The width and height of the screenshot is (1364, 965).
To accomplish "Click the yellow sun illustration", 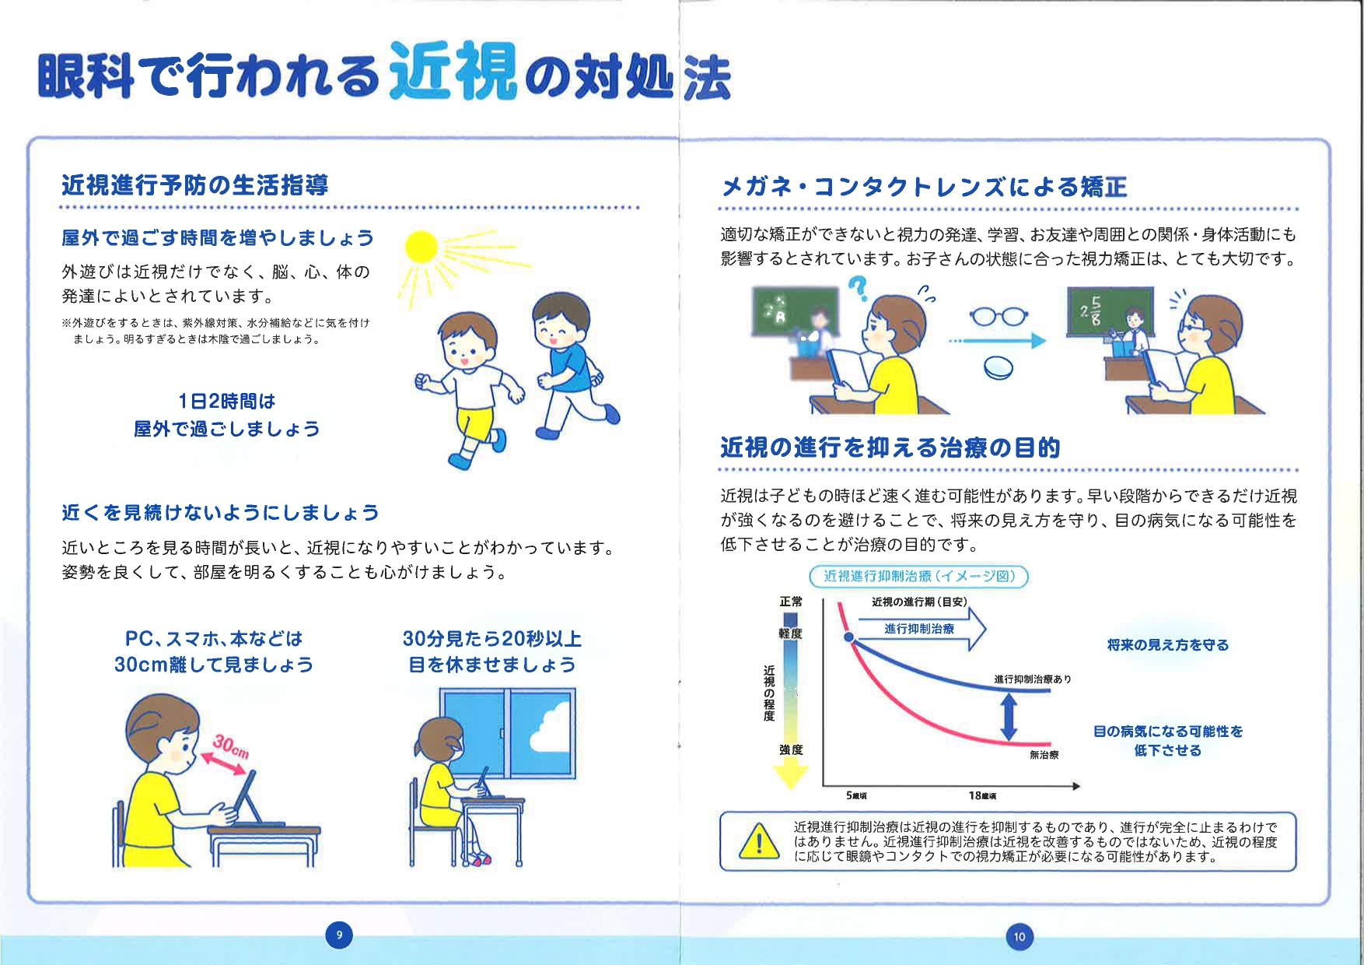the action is click(x=422, y=247).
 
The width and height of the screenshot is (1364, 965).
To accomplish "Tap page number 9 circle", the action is click(x=338, y=935).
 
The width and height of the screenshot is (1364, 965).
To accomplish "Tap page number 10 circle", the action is click(x=1020, y=936).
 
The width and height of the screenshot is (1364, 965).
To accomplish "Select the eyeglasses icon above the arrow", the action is click(x=999, y=316).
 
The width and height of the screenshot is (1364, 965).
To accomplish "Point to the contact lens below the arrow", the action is click(x=999, y=368).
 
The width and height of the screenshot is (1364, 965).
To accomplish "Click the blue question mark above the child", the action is click(x=858, y=288).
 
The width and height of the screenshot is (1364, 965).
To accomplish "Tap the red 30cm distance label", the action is click(x=231, y=746).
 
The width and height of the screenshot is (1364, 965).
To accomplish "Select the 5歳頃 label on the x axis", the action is click(x=856, y=795).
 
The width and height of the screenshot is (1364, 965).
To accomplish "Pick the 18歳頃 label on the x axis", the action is click(x=982, y=795).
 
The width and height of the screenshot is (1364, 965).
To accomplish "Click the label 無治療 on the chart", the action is click(x=1044, y=754).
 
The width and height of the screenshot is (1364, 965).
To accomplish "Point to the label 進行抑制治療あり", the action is click(x=1032, y=679).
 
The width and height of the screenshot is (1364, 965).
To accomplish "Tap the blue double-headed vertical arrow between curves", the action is click(x=1009, y=716).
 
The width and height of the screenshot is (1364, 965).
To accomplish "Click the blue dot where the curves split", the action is click(x=850, y=638).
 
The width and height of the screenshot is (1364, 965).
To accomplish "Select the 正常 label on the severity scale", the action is click(x=791, y=602).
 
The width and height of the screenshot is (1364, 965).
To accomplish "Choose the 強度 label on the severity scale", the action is click(x=791, y=749).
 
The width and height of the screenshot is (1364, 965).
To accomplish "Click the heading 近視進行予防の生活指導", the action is click(x=195, y=185).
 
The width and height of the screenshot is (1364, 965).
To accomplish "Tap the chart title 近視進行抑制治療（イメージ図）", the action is click(x=918, y=576).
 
